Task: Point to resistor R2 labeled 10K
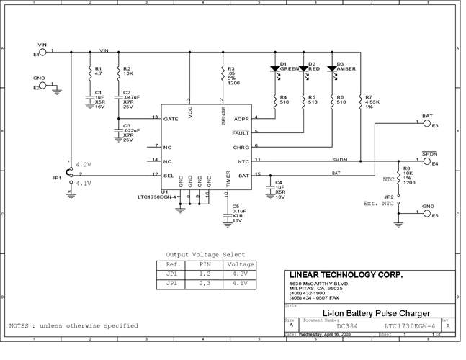point(118,71)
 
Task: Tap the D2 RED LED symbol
point(304,70)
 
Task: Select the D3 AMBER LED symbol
point(331,69)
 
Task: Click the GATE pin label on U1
point(171,118)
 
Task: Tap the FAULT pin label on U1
point(241,132)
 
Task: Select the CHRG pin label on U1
point(241,147)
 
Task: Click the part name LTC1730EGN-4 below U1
point(157,197)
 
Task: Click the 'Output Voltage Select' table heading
point(205,254)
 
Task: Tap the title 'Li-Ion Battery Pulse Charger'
point(366,313)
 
